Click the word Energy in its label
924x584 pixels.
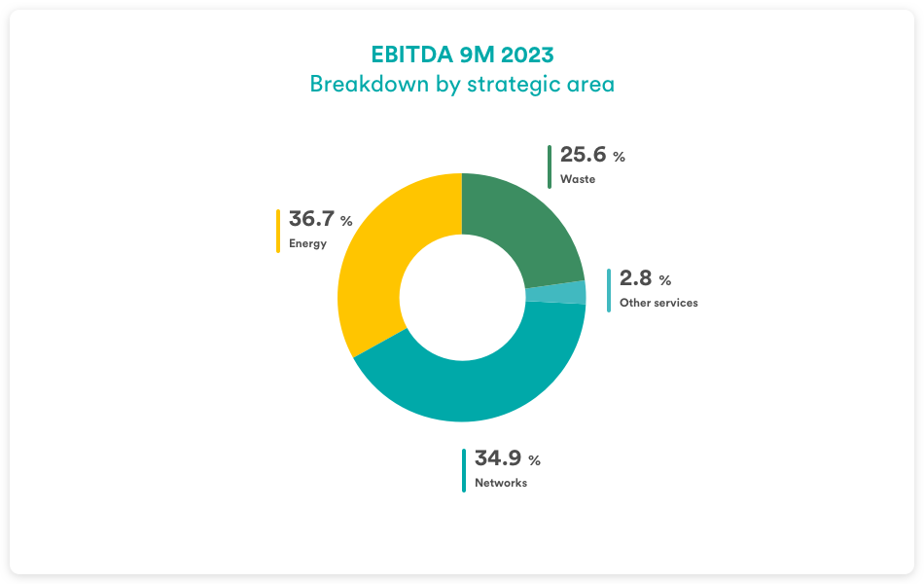[307, 243]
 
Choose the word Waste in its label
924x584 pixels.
[578, 179]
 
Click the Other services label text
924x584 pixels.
[658, 303]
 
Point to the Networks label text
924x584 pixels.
[501, 483]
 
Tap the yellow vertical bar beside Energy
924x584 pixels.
[278, 231]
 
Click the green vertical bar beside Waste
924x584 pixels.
[550, 166]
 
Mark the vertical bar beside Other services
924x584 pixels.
[609, 290]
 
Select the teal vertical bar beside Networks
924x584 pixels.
[464, 470]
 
